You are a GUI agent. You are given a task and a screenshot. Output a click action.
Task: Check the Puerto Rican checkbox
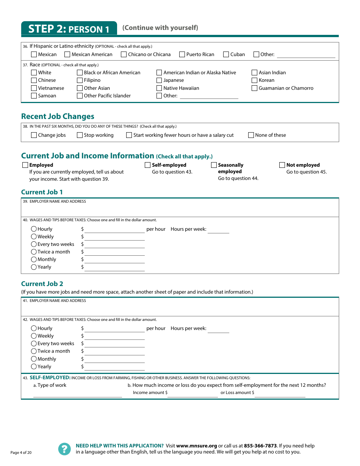click(x=182, y=55)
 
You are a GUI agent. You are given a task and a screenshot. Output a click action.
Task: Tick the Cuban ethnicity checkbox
click(x=226, y=55)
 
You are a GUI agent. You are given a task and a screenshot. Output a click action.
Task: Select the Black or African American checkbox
click(x=80, y=73)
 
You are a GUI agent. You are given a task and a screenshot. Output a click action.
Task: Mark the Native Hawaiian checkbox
click(x=159, y=88)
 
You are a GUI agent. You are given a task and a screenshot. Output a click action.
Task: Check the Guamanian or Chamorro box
click(x=255, y=88)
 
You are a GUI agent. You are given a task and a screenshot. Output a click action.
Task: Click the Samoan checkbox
click(x=34, y=96)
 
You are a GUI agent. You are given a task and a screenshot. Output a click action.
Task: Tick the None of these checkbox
click(x=251, y=135)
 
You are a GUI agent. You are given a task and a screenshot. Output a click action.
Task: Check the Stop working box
click(x=80, y=135)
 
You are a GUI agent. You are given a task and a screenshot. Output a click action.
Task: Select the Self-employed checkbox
click(x=148, y=165)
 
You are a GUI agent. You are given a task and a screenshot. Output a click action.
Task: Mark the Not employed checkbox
click(x=282, y=165)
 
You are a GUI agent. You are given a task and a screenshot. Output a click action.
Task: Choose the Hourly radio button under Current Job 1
click(x=34, y=229)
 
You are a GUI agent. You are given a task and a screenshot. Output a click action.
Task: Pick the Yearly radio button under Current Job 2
click(x=34, y=367)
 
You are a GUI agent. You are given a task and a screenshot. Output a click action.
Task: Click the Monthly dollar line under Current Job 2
click(x=114, y=360)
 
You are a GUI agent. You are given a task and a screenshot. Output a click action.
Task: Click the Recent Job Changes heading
click(x=58, y=117)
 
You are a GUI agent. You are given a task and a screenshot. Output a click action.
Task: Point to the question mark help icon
click(x=64, y=449)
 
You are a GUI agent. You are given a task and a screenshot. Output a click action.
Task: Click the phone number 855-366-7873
click(x=260, y=446)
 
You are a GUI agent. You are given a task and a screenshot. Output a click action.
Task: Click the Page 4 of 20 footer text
click(x=21, y=453)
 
